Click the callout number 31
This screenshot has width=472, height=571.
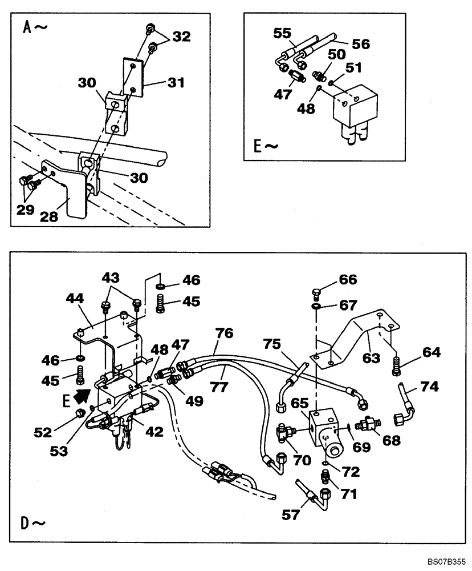(x=176, y=83)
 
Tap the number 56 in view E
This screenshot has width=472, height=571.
(x=360, y=43)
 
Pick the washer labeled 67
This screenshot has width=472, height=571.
(x=315, y=307)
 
